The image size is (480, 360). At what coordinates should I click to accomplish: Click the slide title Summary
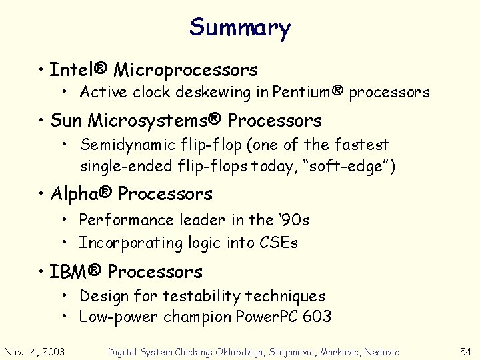240,28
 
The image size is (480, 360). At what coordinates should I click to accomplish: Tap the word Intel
71,69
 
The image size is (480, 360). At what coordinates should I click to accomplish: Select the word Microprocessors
186,69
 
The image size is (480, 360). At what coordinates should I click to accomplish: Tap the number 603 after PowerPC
316,317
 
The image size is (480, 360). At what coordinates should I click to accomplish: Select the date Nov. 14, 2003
35,351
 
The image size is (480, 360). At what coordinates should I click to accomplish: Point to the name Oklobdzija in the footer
243,352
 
